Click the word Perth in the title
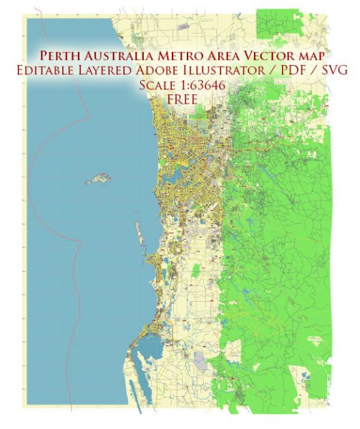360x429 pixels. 59,56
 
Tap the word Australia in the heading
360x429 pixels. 119,56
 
